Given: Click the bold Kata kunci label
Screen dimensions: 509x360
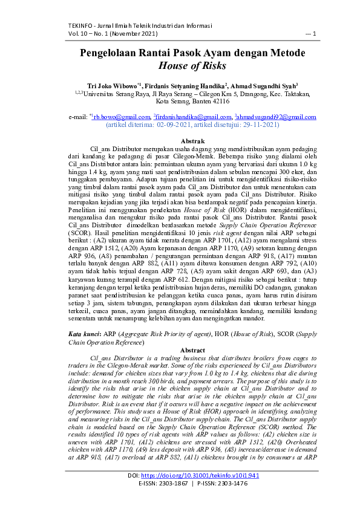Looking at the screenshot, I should click(83, 334).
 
